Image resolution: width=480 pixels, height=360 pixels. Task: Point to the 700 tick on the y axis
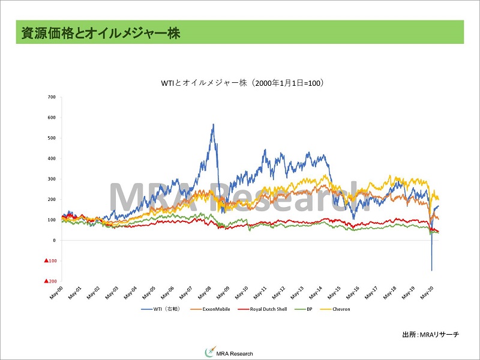pyautogui.click(x=52, y=97)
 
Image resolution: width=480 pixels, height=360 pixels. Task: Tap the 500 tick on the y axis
pyautogui.click(x=52, y=138)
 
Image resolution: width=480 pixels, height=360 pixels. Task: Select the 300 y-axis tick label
pyautogui.click(x=52, y=179)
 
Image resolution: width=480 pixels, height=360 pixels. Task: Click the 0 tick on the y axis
pyautogui.click(x=54, y=240)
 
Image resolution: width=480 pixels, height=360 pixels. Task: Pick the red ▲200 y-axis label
pyautogui.click(x=50, y=281)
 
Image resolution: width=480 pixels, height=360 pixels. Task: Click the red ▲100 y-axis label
pyautogui.click(x=50, y=260)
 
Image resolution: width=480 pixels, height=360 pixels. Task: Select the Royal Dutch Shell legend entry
pyautogui.click(x=260, y=309)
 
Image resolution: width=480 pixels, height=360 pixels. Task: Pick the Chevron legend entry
pyautogui.click(x=335, y=309)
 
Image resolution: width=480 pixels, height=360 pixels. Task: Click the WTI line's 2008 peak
pyautogui.click(x=213, y=125)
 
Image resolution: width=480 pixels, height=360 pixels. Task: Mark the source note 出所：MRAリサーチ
pyautogui.click(x=431, y=334)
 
